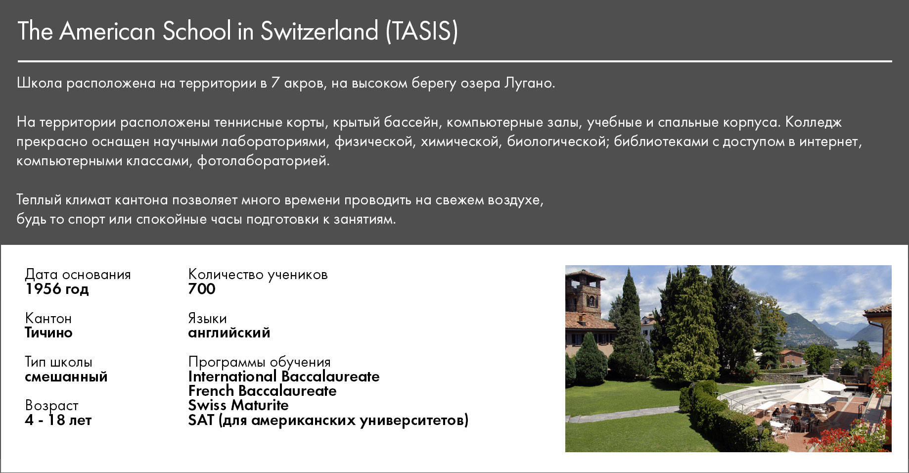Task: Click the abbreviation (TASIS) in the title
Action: pos(422,31)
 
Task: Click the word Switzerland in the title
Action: pos(319,31)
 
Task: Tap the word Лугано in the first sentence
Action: pos(529,83)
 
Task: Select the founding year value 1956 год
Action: pos(57,289)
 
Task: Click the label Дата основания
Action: pos(78,275)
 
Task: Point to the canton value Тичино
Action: pos(48,332)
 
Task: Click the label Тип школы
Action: pos(58,362)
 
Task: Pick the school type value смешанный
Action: pos(66,377)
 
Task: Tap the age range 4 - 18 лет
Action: pos(58,420)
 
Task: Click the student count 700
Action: pos(202,289)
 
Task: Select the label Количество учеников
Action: pos(258,275)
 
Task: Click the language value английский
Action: pos(229,332)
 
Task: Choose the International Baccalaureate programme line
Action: pos(284,377)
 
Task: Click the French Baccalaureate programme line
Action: pos(262,391)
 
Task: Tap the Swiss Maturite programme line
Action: pos(238,405)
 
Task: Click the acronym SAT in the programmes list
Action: pos(201,420)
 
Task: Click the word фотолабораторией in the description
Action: pos(263,161)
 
